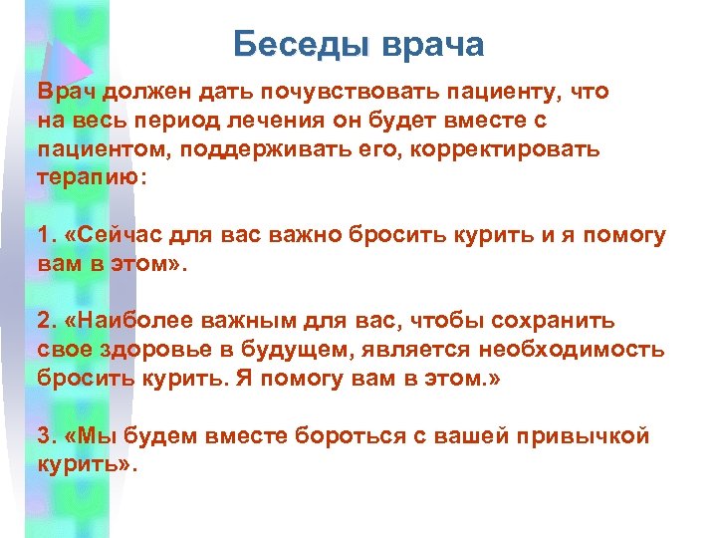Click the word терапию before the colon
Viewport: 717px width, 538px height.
[x=88, y=176]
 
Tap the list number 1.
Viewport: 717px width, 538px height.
[x=44, y=235]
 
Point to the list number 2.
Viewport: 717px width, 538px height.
[x=44, y=321]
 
